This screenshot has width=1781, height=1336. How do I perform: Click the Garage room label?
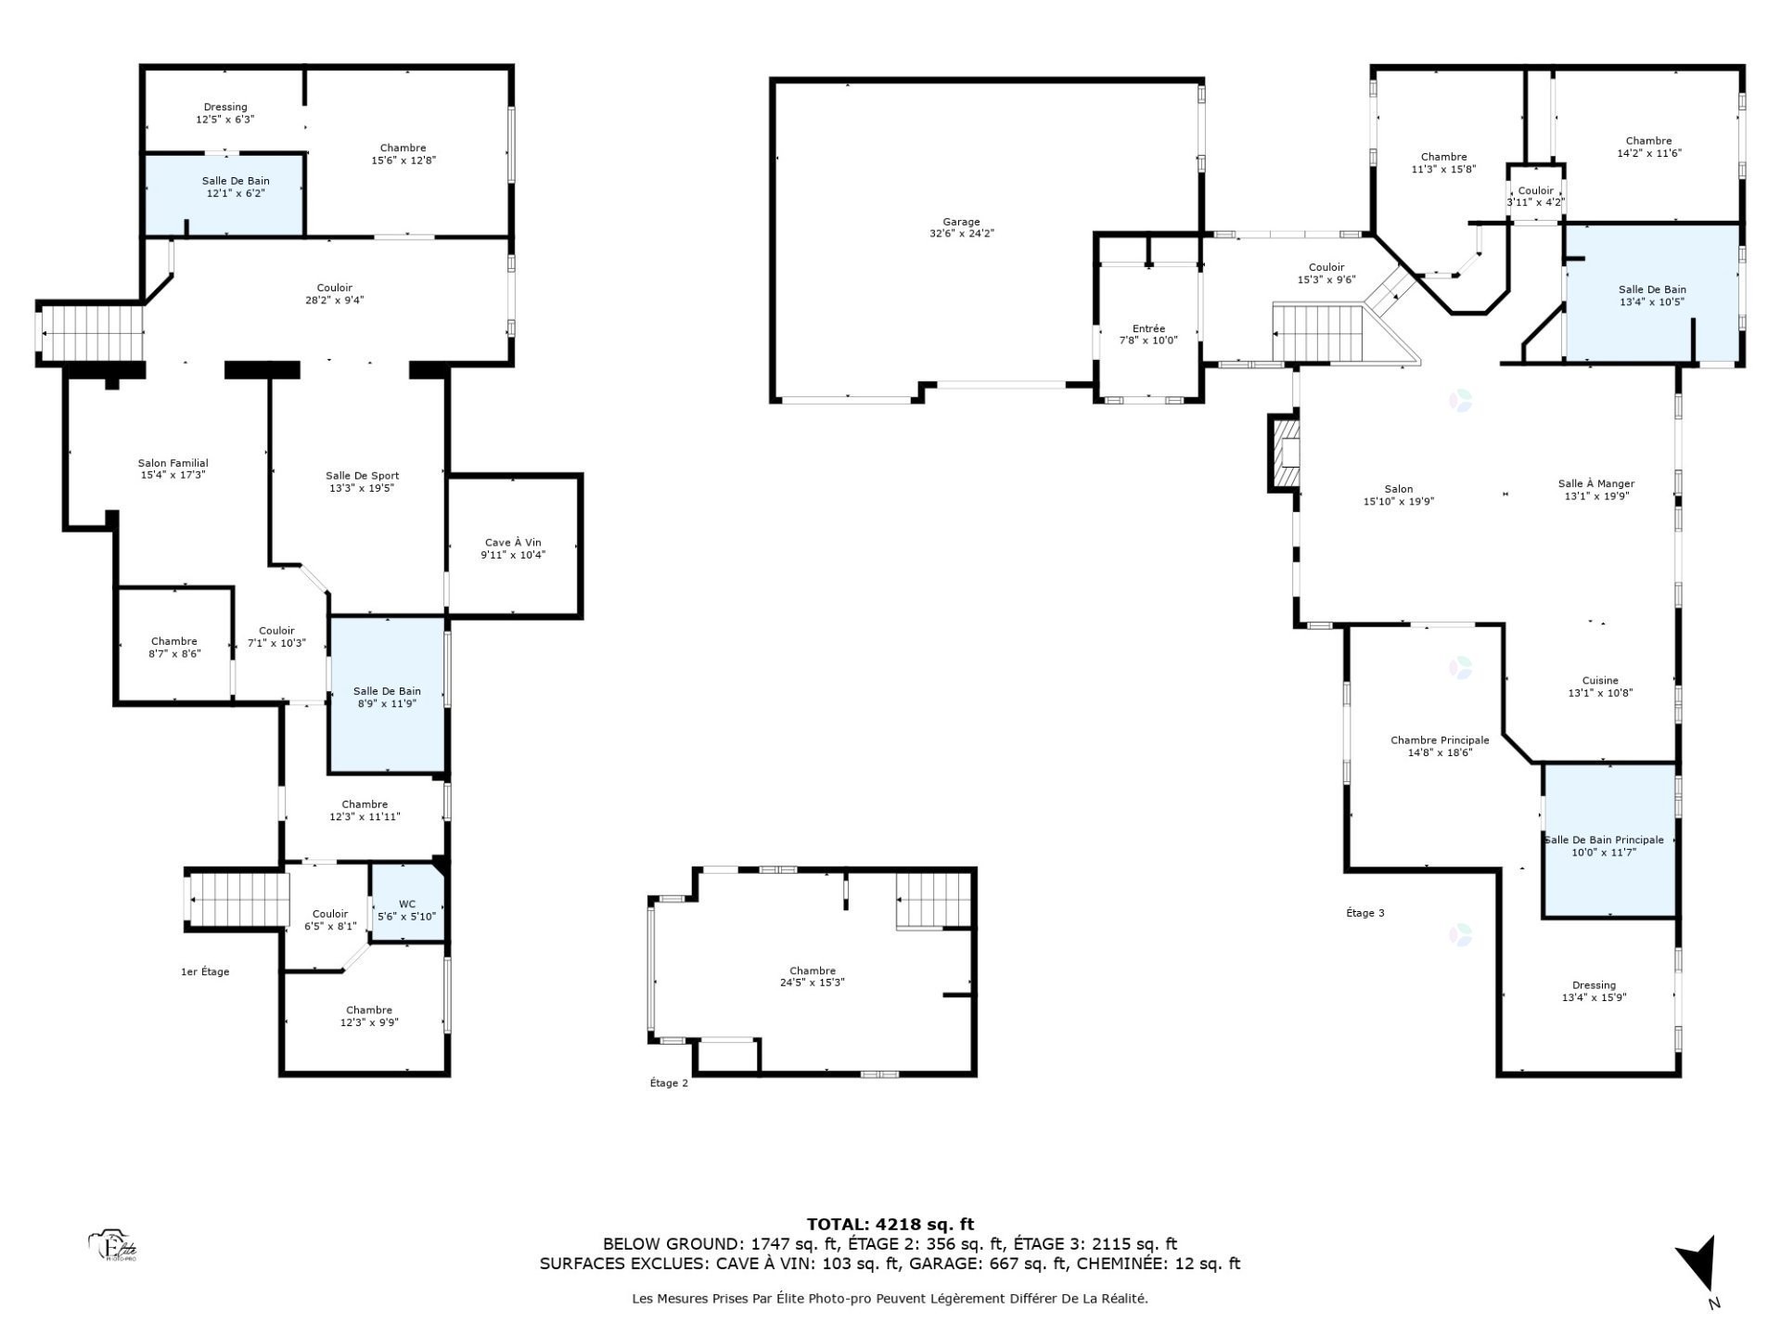(x=961, y=228)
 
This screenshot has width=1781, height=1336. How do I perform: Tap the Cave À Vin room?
(x=513, y=548)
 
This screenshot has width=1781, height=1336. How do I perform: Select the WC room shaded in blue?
(x=406, y=909)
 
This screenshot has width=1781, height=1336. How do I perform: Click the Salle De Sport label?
(x=362, y=482)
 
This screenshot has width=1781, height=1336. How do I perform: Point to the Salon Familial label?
(x=173, y=469)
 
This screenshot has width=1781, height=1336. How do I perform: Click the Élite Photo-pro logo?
(x=113, y=1246)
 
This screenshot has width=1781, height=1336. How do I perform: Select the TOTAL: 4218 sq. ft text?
(x=890, y=1224)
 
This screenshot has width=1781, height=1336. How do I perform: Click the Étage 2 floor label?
(x=669, y=1083)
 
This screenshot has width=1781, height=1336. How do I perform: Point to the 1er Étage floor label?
(x=205, y=971)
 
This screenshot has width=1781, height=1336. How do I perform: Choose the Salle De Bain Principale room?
(x=1608, y=844)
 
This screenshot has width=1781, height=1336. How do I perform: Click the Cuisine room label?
(x=1600, y=687)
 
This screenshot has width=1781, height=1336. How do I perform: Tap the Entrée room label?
(x=1148, y=334)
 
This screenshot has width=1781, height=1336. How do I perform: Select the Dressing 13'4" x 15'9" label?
(x=1594, y=991)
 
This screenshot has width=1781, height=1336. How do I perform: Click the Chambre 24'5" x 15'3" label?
(x=813, y=976)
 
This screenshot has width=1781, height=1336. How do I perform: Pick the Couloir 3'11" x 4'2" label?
(x=1535, y=197)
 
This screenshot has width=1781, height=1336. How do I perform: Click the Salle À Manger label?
(x=1596, y=489)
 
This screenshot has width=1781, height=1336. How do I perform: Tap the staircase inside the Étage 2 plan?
(x=933, y=901)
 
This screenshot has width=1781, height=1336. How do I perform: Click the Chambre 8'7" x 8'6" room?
(x=174, y=647)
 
